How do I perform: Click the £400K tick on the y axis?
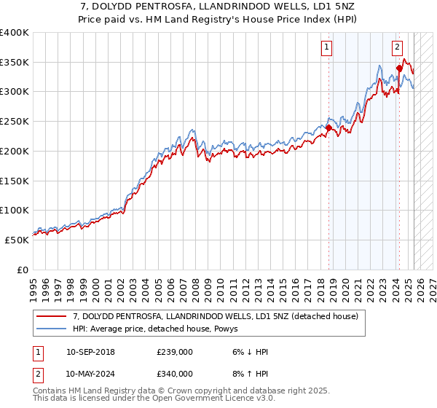(15, 33)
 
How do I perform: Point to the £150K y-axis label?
(15, 181)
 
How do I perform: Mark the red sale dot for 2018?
(328, 128)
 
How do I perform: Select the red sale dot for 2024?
(399, 68)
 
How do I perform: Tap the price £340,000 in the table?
(175, 373)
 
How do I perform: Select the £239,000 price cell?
(175, 352)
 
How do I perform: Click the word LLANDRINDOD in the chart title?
(218, 7)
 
